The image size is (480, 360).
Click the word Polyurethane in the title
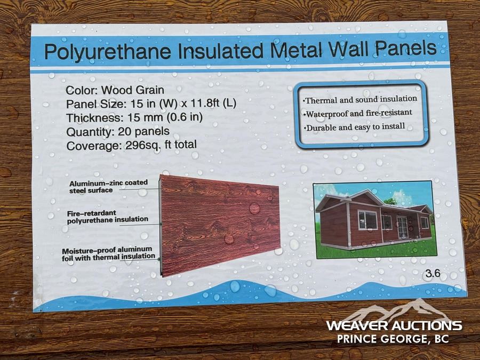pos(108,51)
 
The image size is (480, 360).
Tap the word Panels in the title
pos(406,48)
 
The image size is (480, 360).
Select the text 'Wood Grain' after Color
pos(133,90)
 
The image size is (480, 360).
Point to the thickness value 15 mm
pos(142,117)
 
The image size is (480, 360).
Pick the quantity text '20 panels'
pos(143,132)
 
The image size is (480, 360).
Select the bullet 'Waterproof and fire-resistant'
pos(357,114)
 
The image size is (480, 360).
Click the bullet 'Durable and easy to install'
pos(354,127)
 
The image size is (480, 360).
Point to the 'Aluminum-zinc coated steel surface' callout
pos(108,187)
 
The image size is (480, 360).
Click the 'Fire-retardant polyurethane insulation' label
pos(107,217)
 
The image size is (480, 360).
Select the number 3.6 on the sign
pos(433,273)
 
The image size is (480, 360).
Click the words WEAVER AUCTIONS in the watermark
pos(394,325)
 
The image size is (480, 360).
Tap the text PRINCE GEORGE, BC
pos(393,339)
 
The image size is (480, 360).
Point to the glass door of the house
pos(402,227)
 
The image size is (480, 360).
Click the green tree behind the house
pos(390,202)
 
